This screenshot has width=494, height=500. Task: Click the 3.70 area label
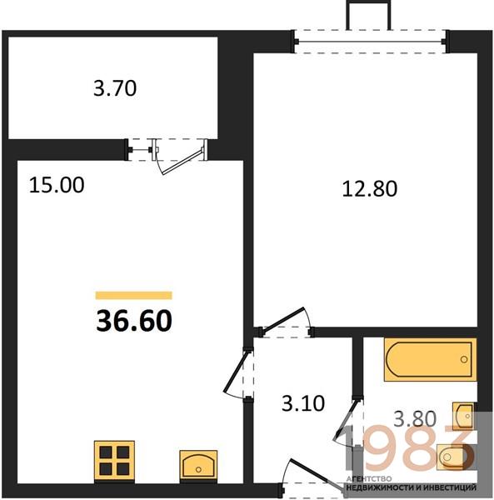pyautogui.click(x=115, y=88)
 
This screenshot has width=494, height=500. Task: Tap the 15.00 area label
pyautogui.click(x=57, y=185)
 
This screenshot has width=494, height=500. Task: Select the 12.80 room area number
pyautogui.click(x=370, y=188)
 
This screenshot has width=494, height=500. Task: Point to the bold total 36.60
pyautogui.click(x=134, y=321)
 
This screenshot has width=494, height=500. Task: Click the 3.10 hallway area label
pyautogui.click(x=303, y=403)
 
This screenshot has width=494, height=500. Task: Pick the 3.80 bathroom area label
pyautogui.click(x=415, y=418)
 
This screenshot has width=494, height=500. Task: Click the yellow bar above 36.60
pyautogui.click(x=134, y=296)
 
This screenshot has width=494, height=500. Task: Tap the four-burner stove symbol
pyautogui.click(x=114, y=461)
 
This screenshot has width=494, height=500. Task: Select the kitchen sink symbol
pyautogui.click(x=198, y=465)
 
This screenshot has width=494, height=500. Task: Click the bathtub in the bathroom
pyautogui.click(x=431, y=360)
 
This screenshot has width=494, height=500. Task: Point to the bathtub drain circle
pyautogui.click(x=464, y=360)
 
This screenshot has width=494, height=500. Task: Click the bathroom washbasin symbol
pyautogui.click(x=464, y=416)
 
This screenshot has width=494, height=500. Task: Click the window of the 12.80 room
pyautogui.click(x=370, y=42)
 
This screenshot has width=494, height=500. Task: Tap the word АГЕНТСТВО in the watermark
pyautogui.click(x=369, y=478)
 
